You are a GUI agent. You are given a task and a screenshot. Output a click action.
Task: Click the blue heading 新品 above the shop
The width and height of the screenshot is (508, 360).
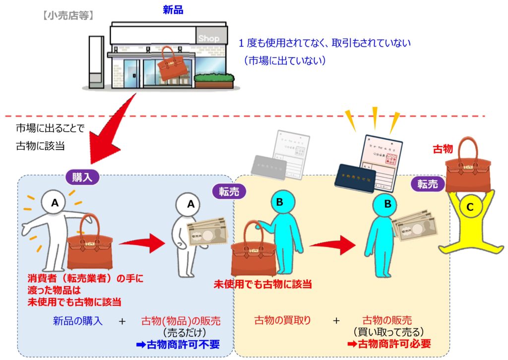173,9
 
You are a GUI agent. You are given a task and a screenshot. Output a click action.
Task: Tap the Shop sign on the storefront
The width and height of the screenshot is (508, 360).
208,38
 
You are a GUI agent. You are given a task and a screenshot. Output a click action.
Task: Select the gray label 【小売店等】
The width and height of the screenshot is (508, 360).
67,15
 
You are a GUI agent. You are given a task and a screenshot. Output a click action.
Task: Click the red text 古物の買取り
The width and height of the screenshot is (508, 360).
282,321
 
